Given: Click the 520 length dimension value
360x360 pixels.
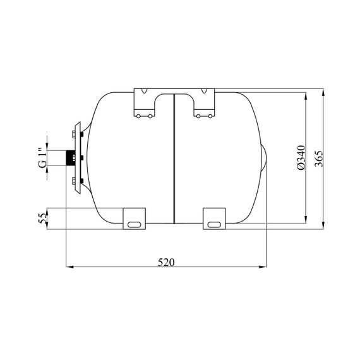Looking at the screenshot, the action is coord(166,262).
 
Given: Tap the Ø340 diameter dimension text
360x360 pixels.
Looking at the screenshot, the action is coord(301,157).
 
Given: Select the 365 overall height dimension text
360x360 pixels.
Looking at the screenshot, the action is coord(319,159).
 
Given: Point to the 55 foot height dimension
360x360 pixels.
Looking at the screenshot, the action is coord(42,219).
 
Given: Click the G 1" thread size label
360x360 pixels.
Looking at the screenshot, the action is coord(42,158).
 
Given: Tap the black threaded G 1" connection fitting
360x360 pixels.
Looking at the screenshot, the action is coord(70,158).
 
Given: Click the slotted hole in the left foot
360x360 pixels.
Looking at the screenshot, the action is coord(134,225).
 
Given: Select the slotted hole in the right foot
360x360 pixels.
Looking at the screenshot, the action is coord(214,225).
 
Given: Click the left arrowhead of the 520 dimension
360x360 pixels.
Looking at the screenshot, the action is coord(69,267).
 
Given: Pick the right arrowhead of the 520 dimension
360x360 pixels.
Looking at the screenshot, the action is coord(263,267).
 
